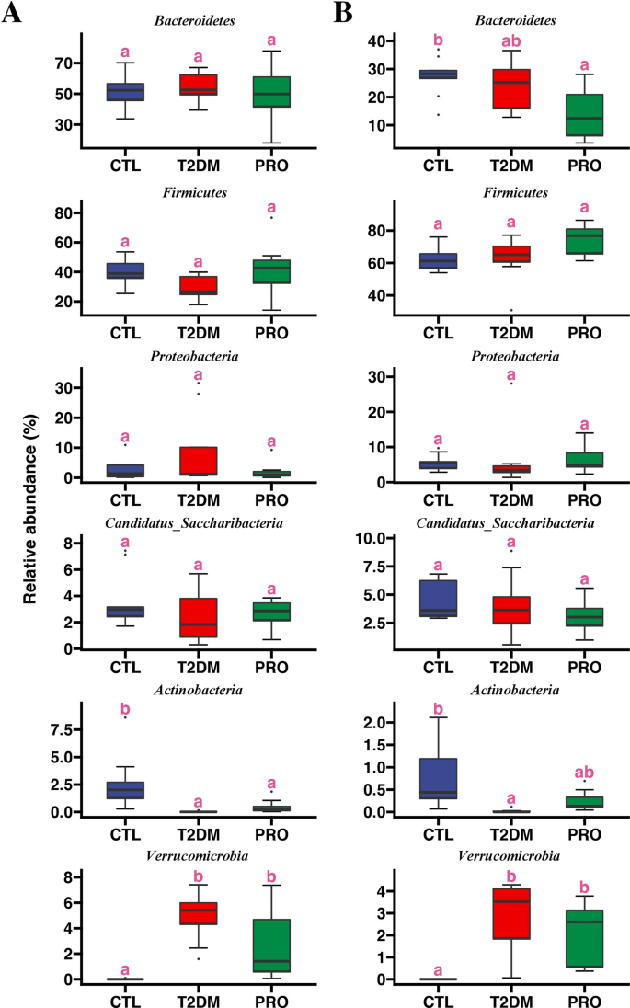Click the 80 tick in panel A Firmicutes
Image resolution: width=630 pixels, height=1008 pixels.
[x=63, y=213]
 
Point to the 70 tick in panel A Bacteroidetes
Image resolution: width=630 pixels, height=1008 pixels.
[x=63, y=63]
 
